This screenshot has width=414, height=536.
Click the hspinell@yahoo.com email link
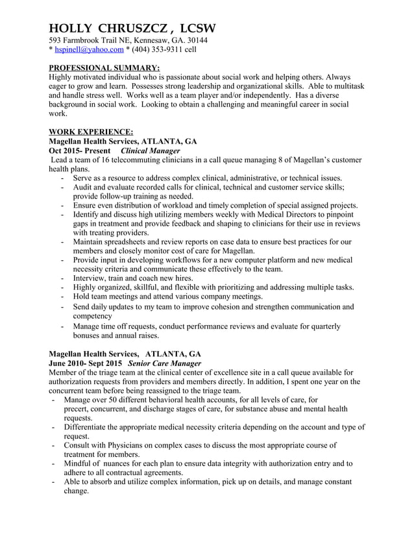click(89, 49)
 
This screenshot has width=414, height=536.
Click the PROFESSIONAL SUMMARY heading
click(104, 67)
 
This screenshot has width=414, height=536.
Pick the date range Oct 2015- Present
click(80, 151)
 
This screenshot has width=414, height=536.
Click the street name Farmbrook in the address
click(86, 40)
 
